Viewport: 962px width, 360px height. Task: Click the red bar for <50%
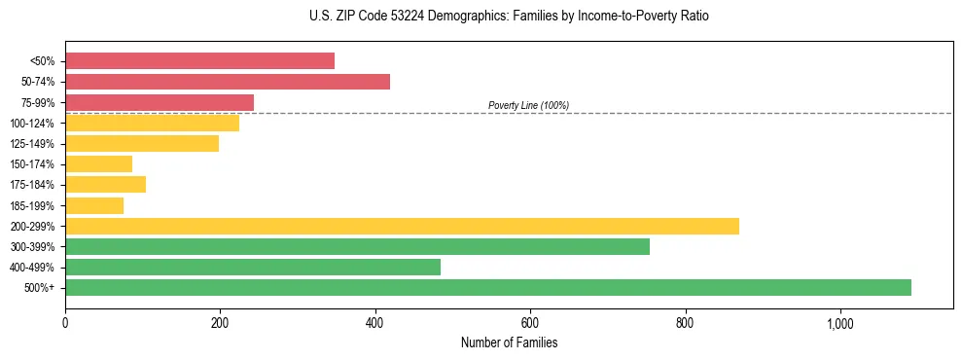click(199, 61)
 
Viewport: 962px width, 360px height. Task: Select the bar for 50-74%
click(228, 82)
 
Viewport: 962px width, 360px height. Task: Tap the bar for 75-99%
click(160, 102)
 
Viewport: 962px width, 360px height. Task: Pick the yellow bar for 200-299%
click(402, 226)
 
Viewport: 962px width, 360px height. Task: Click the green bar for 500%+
click(488, 287)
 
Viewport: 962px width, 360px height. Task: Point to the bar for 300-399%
click(357, 246)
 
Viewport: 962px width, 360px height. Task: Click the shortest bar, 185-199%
click(94, 205)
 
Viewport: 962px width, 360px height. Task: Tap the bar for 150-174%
click(98, 164)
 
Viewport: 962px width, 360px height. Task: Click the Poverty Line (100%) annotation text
click(528, 105)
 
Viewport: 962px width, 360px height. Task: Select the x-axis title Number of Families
click(509, 343)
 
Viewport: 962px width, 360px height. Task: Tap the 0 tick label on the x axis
click(65, 324)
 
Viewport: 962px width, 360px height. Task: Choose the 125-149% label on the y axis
click(32, 144)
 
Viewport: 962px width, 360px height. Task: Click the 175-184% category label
click(32, 185)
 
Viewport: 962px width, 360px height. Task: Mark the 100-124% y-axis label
click(32, 124)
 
